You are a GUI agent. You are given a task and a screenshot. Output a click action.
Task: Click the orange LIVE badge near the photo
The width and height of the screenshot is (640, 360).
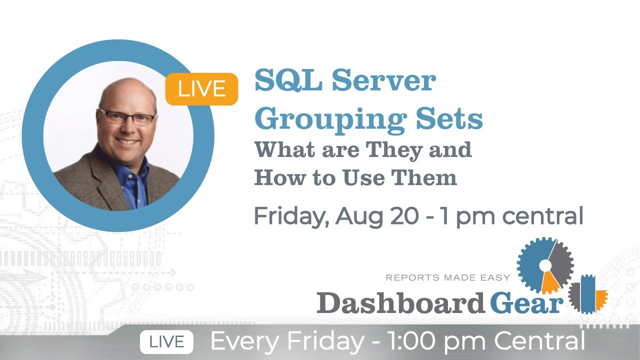(x=201, y=89)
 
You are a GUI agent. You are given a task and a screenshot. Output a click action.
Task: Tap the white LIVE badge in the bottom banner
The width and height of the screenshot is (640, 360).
(x=166, y=342)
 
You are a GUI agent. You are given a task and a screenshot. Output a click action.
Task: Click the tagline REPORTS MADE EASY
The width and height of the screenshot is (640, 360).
(x=447, y=277)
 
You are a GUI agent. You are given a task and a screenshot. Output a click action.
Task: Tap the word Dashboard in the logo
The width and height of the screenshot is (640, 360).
(x=400, y=302)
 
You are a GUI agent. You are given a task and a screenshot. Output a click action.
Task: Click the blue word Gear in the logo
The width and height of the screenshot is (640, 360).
(x=526, y=302)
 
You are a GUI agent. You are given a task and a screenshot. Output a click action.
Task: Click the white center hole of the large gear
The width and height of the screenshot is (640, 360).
(x=545, y=264)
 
